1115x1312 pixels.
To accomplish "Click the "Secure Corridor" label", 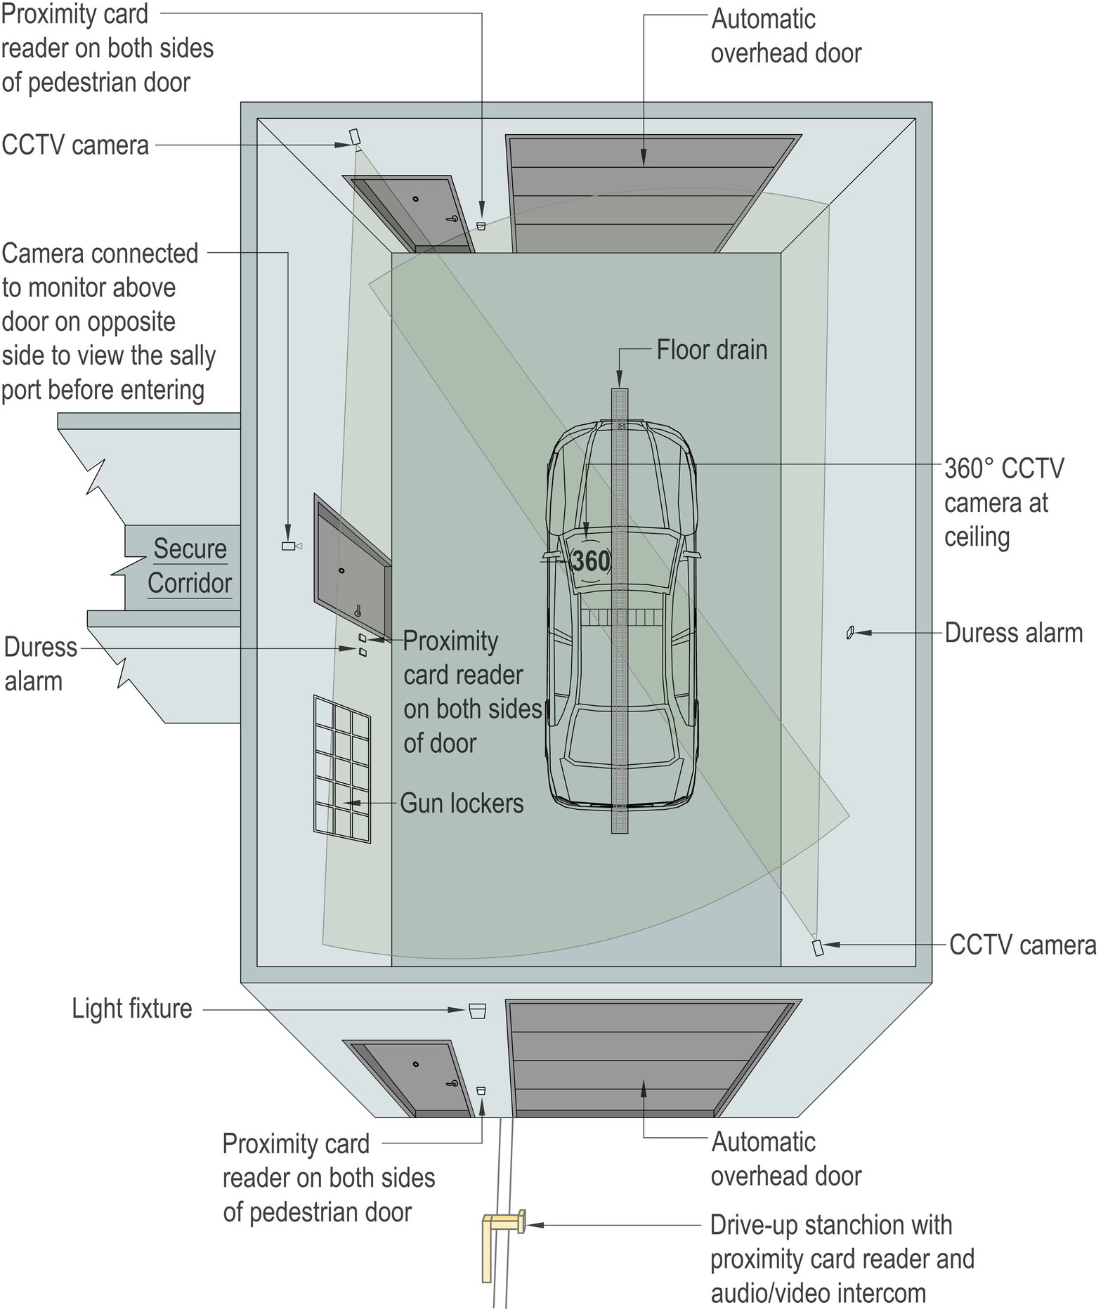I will [x=190, y=565].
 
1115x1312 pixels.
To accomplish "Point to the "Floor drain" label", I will [x=711, y=350].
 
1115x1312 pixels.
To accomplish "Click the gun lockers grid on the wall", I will [x=342, y=768].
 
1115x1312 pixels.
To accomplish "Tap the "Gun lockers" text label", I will [x=462, y=803].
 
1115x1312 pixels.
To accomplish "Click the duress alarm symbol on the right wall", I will [x=849, y=633].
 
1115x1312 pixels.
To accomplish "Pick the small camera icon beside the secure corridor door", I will [x=289, y=546].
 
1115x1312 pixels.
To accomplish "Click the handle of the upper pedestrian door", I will [x=451, y=219].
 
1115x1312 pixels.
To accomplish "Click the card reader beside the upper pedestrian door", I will [x=481, y=225].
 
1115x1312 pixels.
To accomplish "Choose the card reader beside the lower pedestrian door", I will [x=481, y=1091].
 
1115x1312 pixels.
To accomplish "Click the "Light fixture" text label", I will [x=132, y=1009].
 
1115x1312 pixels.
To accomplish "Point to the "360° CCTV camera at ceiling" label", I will [x=1003, y=502].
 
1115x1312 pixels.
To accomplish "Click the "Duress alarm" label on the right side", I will [x=1013, y=633].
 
